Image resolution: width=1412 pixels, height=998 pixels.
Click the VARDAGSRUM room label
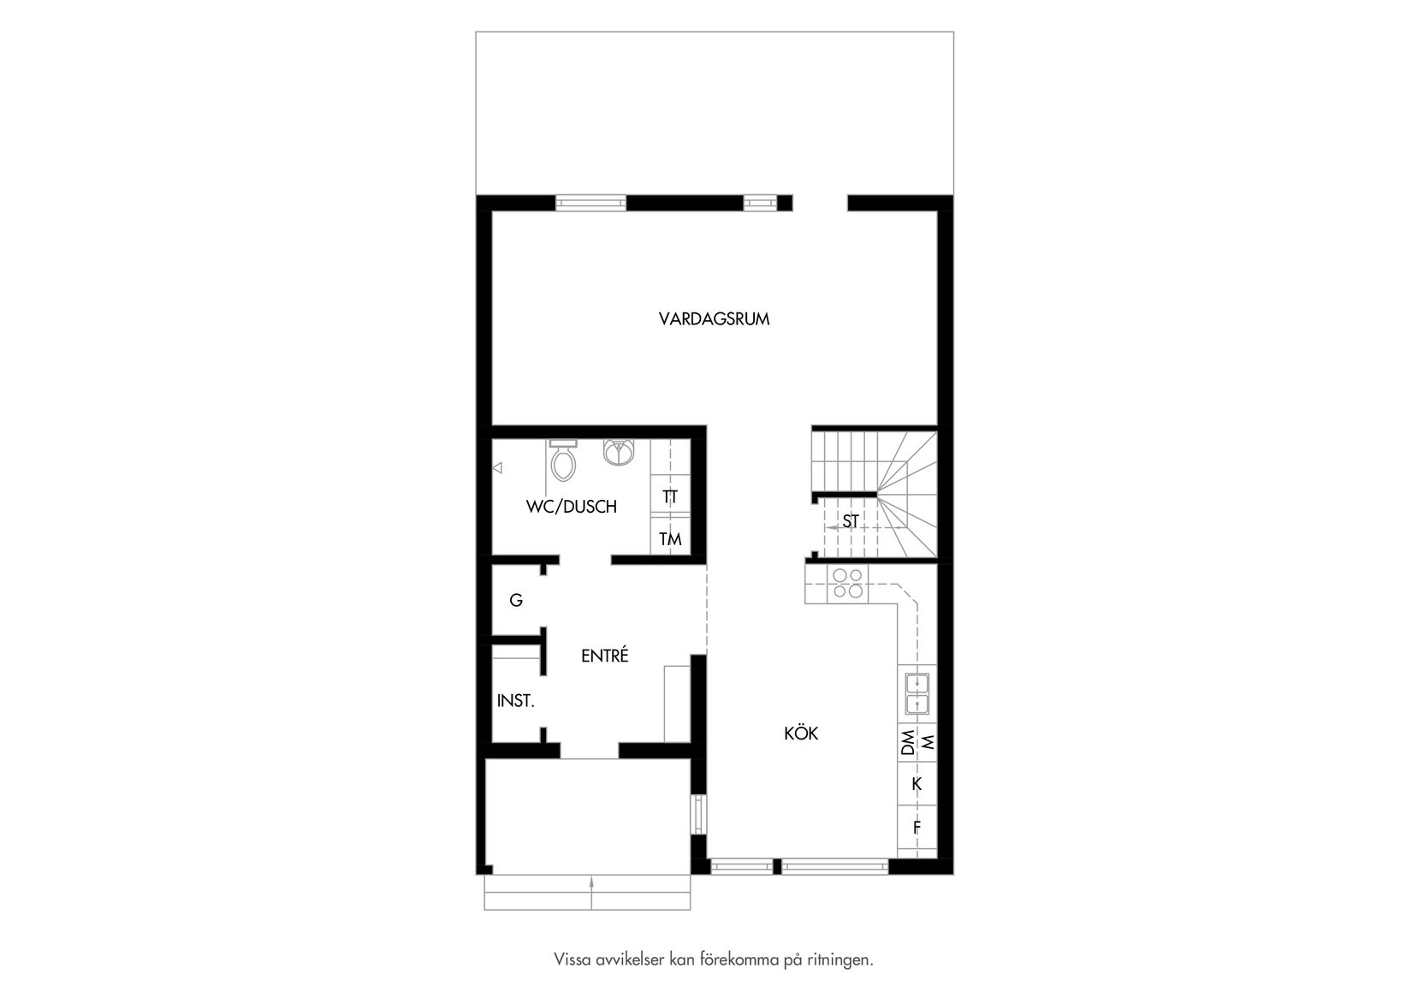[714, 319]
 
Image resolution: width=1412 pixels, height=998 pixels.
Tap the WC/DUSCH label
[571, 507]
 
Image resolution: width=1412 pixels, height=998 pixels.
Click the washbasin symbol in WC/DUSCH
[618, 451]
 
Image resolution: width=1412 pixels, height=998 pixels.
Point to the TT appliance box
[670, 496]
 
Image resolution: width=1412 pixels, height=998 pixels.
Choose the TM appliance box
[670, 538]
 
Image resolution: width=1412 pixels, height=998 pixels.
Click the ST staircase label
[850, 520]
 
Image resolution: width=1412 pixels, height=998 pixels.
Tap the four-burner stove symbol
[848, 583]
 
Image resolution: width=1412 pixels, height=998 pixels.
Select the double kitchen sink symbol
[917, 693]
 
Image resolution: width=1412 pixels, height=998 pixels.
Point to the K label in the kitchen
[917, 784]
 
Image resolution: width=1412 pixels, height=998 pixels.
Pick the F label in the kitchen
[917, 828]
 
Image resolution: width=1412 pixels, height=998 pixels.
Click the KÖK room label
[801, 734]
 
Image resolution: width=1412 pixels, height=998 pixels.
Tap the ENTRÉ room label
[604, 656]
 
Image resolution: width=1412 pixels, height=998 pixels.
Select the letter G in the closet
[515, 601]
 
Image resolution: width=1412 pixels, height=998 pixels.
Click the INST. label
[515, 701]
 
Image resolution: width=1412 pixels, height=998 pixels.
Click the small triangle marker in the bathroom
[497, 468]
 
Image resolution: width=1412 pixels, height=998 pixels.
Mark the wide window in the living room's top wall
[590, 203]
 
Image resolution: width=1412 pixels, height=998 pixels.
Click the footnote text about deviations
[714, 959]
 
